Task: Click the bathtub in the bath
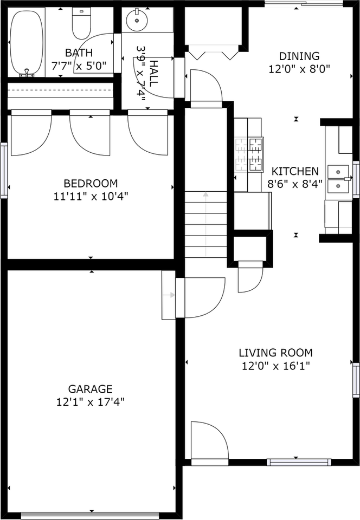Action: [25, 42]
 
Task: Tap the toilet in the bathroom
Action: [82, 25]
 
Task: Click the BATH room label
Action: [79, 53]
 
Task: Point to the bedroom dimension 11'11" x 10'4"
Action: [91, 196]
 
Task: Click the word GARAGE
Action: [91, 389]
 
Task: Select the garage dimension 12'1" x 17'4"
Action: [91, 402]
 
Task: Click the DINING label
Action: [299, 56]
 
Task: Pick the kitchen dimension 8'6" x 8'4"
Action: [295, 183]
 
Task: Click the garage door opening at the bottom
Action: [91, 515]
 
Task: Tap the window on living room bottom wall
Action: [299, 462]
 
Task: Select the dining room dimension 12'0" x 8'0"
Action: [299, 69]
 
